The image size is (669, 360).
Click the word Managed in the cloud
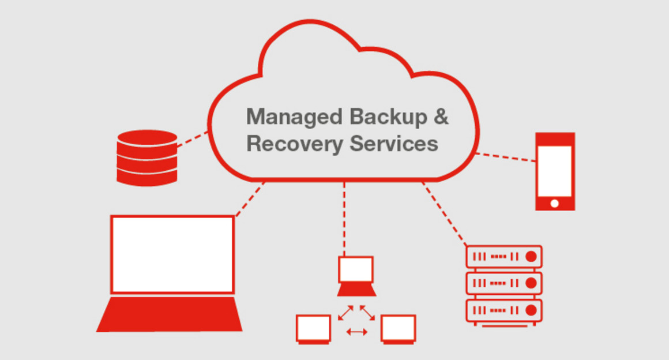pos(294,118)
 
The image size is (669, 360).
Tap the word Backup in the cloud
pos(388,117)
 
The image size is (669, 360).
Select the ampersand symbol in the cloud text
pos(441,117)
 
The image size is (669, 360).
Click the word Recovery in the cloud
pos(294,144)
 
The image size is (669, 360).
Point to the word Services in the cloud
pos(394,144)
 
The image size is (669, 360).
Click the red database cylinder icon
pos(147,158)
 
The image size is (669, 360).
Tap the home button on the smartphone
pos(555,203)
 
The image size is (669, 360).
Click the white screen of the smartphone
pos(555,171)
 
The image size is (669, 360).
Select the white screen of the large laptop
pos(172,254)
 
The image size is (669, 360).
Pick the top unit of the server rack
pos(504,257)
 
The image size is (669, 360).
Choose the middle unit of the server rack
pos(504,283)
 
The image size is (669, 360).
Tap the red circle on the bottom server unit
pos(531,310)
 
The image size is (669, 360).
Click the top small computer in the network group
pos(356,276)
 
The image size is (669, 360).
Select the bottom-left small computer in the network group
pos(314,329)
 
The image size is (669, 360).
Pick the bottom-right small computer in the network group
pos(398,329)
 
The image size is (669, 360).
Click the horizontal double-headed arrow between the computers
pos(356,331)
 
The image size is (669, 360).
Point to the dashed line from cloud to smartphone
pos(506,157)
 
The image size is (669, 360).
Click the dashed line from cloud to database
pos(193,139)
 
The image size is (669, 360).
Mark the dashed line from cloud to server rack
pos(444,214)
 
